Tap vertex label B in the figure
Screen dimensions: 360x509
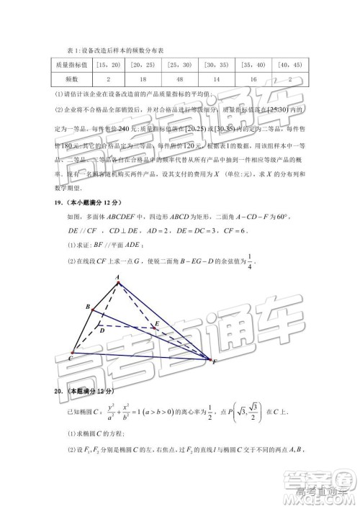pos(87,307)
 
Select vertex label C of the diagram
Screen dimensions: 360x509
pos(71,358)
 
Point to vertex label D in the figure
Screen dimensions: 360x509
pos(103,332)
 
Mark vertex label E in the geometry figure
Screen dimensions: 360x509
pos(157,325)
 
